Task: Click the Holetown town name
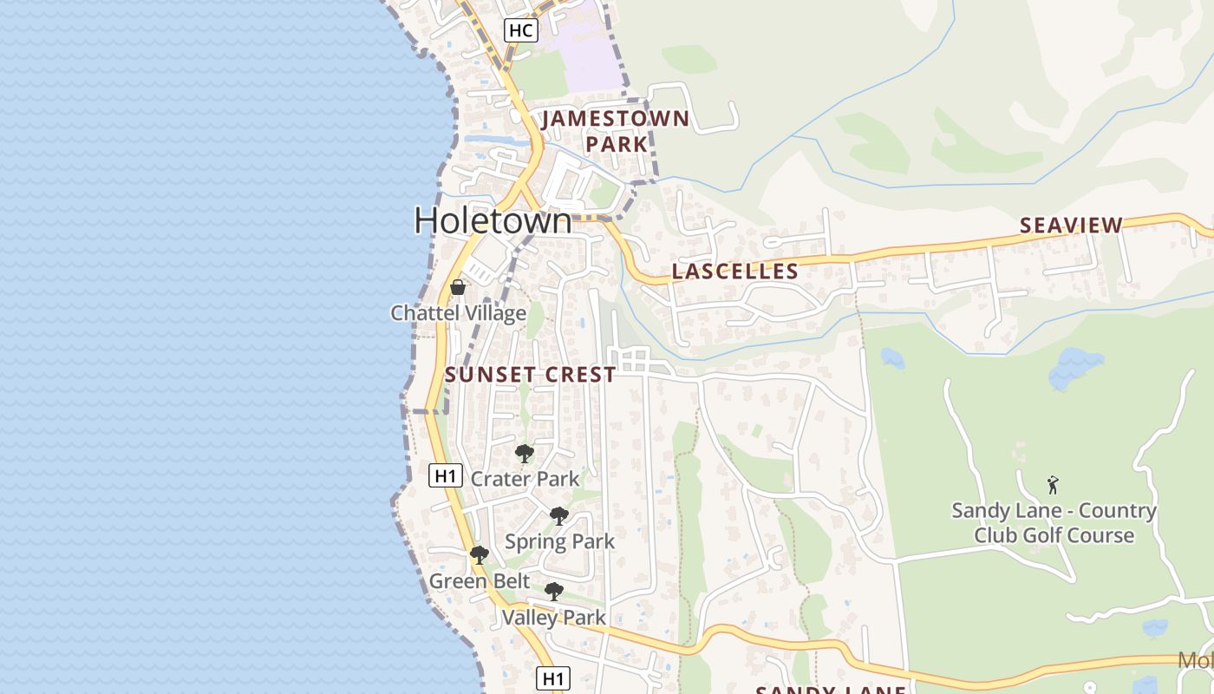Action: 493,220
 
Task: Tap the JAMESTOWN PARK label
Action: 616,131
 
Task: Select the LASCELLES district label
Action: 734,272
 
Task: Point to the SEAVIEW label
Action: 1071,226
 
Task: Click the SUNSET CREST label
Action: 531,375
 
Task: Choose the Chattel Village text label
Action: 458,313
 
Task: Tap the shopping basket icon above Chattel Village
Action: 458,287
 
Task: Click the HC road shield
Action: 520,30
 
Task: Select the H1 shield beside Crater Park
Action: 445,475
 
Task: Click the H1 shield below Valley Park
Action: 552,678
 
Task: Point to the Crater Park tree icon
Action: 524,453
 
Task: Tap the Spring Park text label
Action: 559,542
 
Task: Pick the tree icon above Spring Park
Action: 559,516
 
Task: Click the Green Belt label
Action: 469,581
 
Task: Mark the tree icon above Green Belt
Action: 479,555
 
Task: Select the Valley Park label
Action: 553,618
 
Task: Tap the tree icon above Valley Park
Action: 554,592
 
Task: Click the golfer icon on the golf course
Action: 1053,485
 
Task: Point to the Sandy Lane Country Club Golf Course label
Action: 1054,523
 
